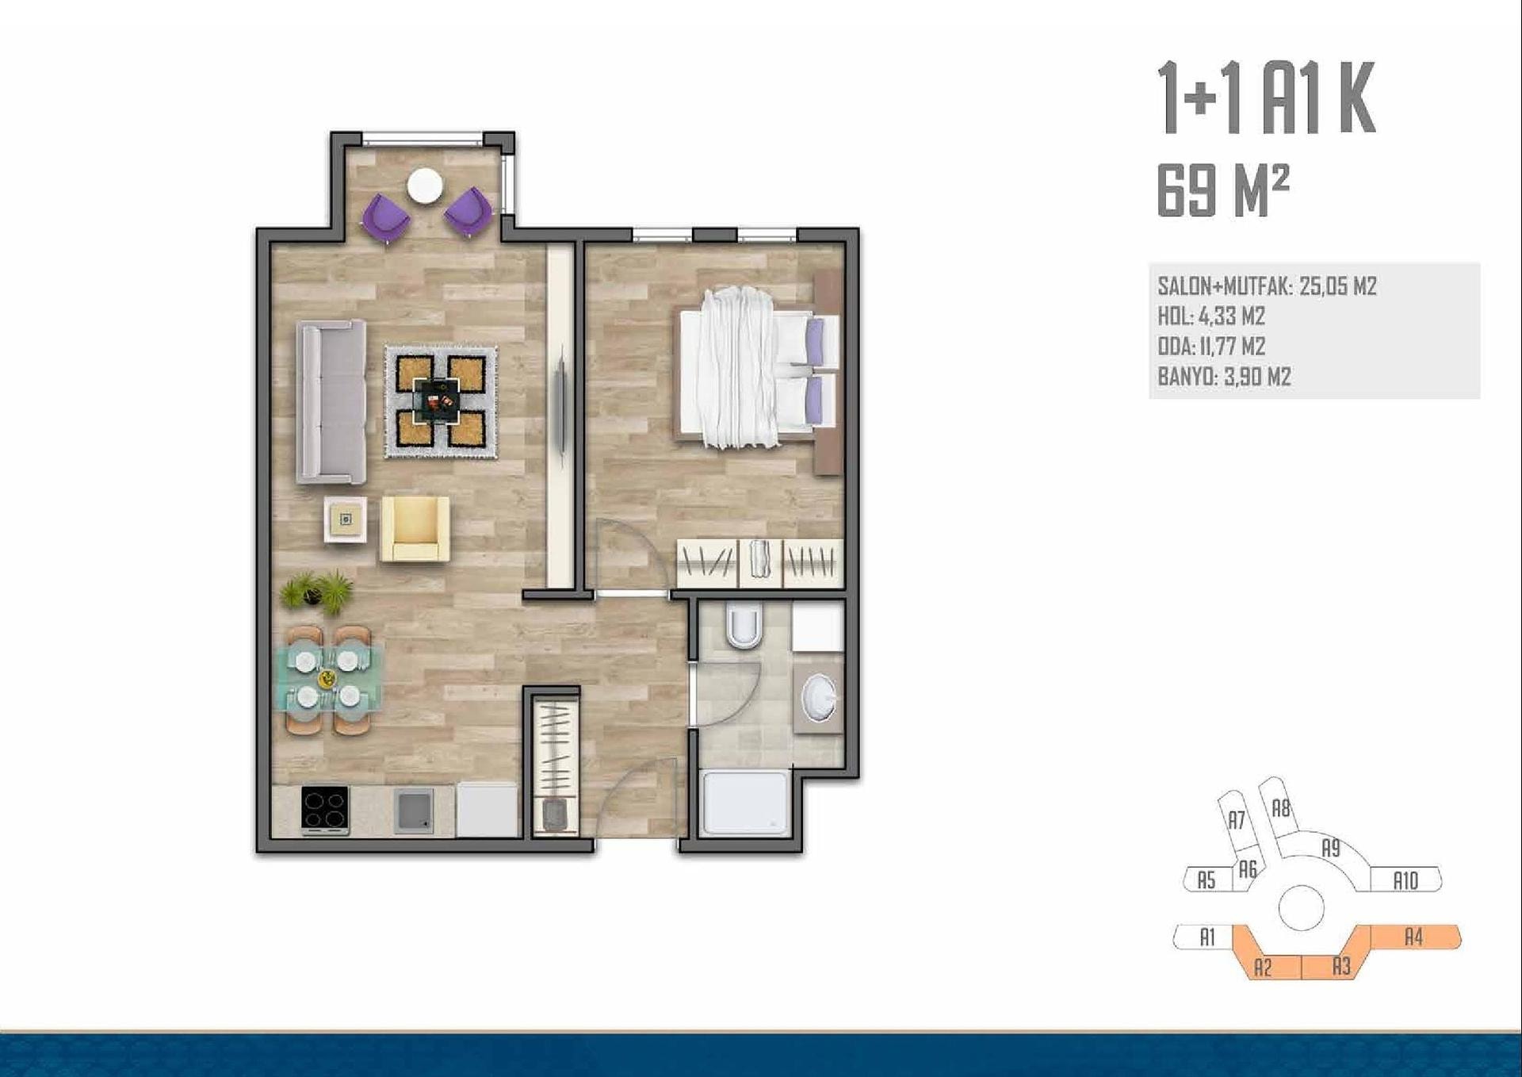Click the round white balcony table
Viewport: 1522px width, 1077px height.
coord(425,186)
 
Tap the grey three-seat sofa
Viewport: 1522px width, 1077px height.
coord(331,401)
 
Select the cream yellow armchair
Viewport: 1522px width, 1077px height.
coord(415,528)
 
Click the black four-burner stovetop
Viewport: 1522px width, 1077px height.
coord(325,810)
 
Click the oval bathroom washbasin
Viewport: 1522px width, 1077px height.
coord(819,698)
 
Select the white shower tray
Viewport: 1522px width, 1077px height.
coord(746,803)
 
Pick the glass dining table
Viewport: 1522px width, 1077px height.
coord(328,679)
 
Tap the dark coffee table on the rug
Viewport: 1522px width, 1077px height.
coord(437,401)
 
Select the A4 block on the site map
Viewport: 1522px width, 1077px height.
coord(1415,937)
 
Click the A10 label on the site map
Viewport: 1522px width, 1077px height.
coord(1405,880)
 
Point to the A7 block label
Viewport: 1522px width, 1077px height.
coord(1237,820)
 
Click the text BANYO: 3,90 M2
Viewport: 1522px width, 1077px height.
coord(1224,376)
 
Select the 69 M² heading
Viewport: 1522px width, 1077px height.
coord(1223,190)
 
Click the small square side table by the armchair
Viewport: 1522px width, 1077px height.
coord(346,519)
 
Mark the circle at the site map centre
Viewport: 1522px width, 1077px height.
coord(1301,907)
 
